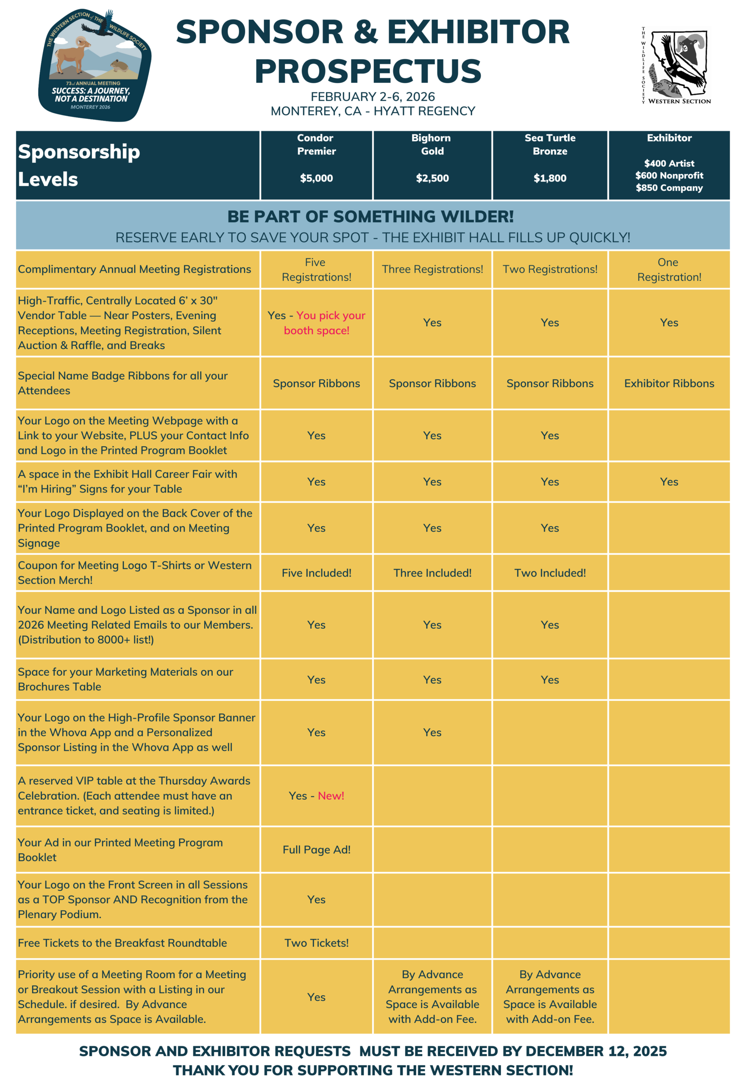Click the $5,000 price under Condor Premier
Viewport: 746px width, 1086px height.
pyautogui.click(x=317, y=178)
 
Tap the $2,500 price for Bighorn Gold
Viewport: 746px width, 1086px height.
pyautogui.click(x=432, y=178)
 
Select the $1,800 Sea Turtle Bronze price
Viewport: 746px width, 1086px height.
pyautogui.click(x=550, y=178)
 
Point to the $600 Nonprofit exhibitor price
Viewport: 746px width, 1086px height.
pyautogui.click(x=669, y=175)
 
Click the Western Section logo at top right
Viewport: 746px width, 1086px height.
pyautogui.click(x=677, y=65)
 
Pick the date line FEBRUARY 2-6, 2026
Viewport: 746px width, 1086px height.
pyautogui.click(x=373, y=97)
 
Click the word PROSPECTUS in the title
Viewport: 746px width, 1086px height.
pyautogui.click(x=368, y=71)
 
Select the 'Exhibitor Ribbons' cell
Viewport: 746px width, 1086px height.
pyautogui.click(x=669, y=383)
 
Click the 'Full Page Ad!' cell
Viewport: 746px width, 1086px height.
pyautogui.click(x=317, y=849)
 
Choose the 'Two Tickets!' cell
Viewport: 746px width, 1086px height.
pyautogui.click(x=317, y=943)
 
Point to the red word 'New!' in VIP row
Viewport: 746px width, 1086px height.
pyautogui.click(x=331, y=795)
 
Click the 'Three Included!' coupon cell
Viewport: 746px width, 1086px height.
pyautogui.click(x=432, y=573)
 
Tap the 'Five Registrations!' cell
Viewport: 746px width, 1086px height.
pyautogui.click(x=317, y=269)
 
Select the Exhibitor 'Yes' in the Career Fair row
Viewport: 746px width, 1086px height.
pyautogui.click(x=669, y=482)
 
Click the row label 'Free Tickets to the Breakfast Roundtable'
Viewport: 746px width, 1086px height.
pyautogui.click(x=122, y=943)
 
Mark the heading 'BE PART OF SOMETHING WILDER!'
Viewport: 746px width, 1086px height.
pyautogui.click(x=370, y=216)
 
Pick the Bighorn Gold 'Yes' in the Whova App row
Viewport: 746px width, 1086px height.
pyautogui.click(x=432, y=733)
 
